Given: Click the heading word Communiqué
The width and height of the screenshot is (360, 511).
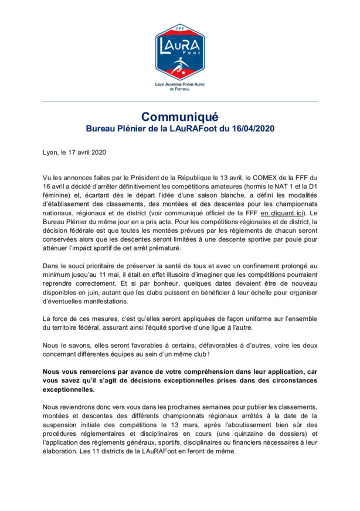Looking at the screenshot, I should (180, 115).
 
